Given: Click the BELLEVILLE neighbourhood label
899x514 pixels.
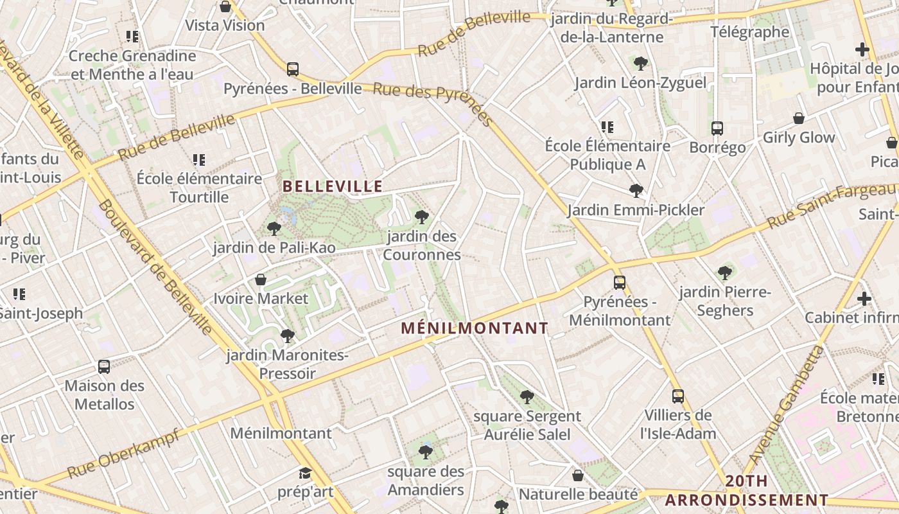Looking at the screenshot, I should click(x=333, y=186).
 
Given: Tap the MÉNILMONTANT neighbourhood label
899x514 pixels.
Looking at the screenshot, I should click(x=475, y=328).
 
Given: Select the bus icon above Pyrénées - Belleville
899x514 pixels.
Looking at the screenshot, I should click(x=293, y=69).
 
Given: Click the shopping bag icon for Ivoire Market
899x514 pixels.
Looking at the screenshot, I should click(x=261, y=279).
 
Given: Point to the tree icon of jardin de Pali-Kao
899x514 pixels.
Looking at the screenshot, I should click(x=274, y=229).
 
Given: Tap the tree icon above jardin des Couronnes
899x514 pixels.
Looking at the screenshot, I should click(x=422, y=217).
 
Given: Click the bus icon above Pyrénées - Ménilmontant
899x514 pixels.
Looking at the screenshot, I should click(x=619, y=282).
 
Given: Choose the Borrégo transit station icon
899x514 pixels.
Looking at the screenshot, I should click(x=717, y=128).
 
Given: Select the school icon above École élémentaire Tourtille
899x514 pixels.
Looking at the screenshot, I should click(x=199, y=159).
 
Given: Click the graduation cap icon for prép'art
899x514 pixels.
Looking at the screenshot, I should click(x=305, y=474).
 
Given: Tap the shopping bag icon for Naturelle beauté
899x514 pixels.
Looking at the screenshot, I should click(x=578, y=475).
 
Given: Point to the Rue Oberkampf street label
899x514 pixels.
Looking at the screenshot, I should click(x=123, y=454).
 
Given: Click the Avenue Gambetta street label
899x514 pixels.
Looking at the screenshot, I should click(x=785, y=405).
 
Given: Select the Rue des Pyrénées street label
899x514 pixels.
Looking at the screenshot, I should click(x=433, y=102).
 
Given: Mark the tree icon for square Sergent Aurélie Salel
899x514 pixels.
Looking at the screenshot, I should click(x=527, y=397).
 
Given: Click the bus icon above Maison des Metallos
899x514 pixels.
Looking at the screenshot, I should click(x=104, y=367).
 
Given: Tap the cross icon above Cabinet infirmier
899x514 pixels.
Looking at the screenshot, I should click(x=864, y=299).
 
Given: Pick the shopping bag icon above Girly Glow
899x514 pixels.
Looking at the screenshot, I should click(x=799, y=118).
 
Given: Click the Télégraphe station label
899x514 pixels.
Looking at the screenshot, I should click(x=749, y=31).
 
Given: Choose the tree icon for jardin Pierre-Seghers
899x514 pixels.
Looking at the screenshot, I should click(x=725, y=273).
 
